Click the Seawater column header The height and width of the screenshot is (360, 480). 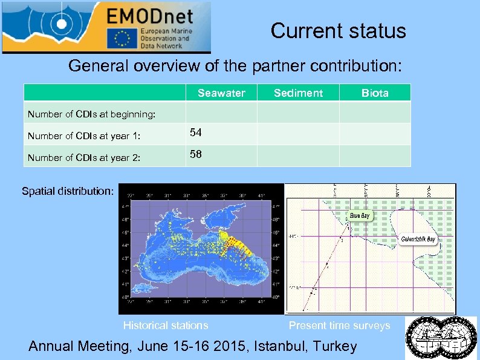coord(221,93)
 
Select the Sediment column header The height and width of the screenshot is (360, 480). coord(298,93)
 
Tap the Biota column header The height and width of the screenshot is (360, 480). coord(375,93)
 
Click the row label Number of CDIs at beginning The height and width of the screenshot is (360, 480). coord(91,114)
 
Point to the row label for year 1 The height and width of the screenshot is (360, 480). coord(84,136)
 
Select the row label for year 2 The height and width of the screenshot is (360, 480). coord(84,157)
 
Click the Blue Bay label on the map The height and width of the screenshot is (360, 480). coord(360,215)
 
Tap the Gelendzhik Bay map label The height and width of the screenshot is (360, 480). coord(418,239)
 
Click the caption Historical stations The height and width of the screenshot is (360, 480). coord(166,326)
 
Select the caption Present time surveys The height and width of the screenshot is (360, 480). coord(339,326)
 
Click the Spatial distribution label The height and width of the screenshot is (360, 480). coord(68,191)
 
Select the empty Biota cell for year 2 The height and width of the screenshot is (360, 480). coord(375,155)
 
